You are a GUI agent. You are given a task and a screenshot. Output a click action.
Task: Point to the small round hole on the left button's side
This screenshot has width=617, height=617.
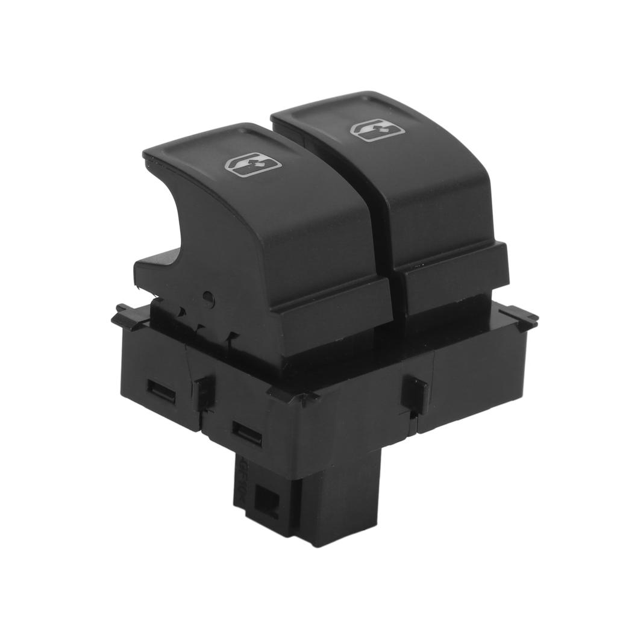click(208, 296)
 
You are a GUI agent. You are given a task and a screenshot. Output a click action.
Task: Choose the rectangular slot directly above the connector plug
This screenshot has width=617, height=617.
click(247, 433)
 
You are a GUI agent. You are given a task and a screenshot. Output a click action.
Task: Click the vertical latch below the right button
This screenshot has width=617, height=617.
click(416, 394)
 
